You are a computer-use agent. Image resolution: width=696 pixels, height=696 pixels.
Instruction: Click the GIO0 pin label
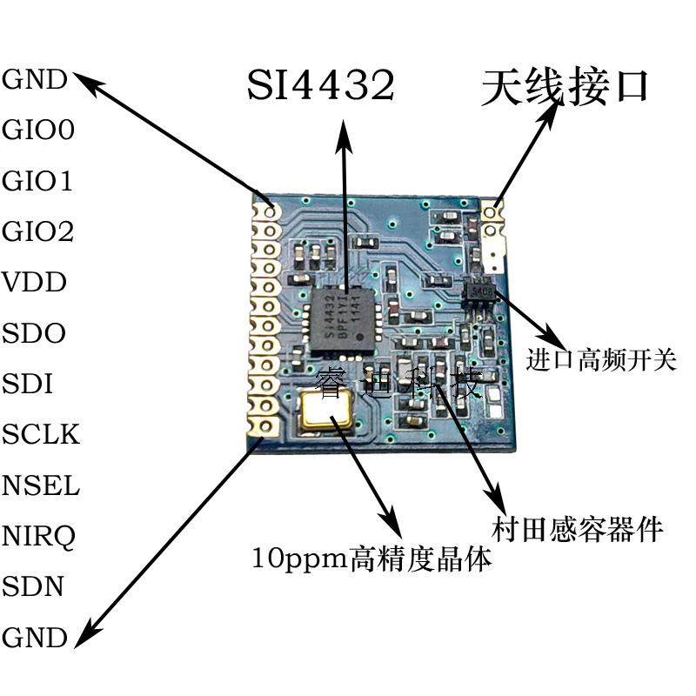coord(38,131)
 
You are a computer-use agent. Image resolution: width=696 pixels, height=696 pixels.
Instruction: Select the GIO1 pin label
coord(38,182)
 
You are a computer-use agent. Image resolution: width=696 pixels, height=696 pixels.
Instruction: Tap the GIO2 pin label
coord(38,232)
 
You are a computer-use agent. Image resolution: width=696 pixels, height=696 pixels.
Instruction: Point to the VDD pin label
coord(35,283)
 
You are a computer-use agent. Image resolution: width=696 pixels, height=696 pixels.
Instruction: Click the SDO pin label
coord(34,333)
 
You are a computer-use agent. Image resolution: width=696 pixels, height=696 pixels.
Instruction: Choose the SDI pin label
coord(29,384)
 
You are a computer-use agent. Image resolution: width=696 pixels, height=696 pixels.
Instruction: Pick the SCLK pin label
coord(41,434)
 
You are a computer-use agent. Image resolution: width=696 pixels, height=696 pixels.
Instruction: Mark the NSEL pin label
coord(41,485)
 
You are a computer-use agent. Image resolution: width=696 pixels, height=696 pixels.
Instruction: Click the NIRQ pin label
coord(39,536)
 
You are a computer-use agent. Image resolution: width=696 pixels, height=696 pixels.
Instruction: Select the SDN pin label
coord(33,586)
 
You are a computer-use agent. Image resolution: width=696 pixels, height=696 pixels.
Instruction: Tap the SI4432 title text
coord(321,85)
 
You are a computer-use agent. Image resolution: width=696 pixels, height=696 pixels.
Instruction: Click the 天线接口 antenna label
coord(565,87)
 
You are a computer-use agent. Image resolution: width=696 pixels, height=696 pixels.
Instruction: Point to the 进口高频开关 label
coord(601,359)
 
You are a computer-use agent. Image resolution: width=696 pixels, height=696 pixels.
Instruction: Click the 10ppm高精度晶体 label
coord(371,558)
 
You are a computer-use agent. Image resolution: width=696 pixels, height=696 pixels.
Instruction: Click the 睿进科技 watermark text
coord(399,383)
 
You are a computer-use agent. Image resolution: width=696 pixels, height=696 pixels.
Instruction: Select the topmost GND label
coord(35,81)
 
